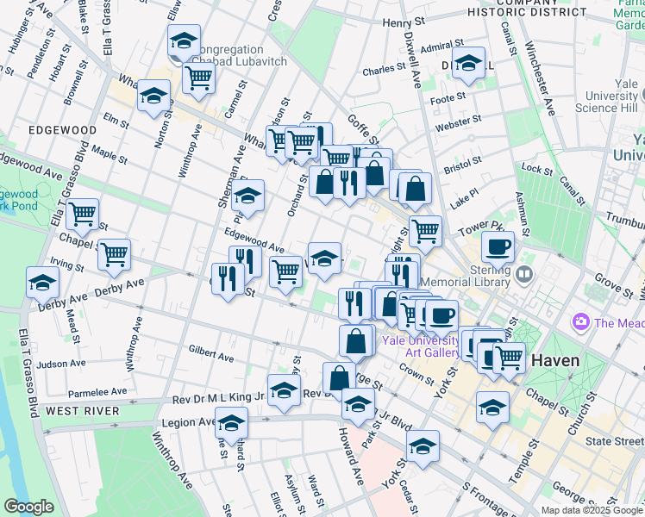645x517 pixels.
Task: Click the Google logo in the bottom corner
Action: click(28, 507)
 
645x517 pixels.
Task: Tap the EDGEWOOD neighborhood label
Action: click(62, 130)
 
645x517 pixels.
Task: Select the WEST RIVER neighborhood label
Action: click(82, 411)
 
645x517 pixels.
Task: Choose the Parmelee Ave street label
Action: click(97, 392)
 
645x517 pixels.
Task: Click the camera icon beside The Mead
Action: click(580, 322)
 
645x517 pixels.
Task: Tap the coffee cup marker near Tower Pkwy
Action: click(498, 246)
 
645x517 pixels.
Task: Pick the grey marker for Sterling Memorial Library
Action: click(525, 276)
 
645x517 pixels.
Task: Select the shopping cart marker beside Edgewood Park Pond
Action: click(83, 213)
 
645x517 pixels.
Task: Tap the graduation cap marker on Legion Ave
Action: click(231, 422)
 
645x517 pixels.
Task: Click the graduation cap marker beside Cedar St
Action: click(423, 445)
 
